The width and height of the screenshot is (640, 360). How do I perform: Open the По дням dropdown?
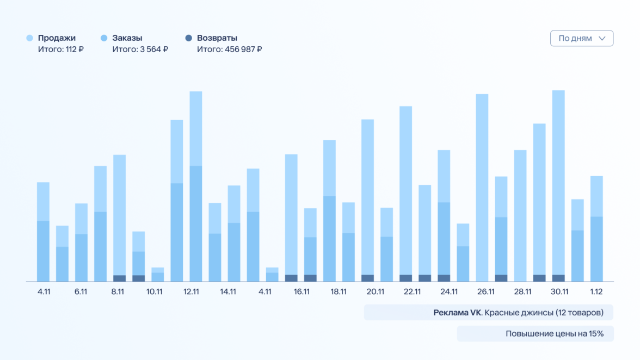[581, 39]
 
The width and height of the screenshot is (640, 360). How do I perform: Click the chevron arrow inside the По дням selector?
[602, 39]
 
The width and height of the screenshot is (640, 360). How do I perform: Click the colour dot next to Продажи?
[30, 38]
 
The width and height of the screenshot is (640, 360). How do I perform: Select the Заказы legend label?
[127, 38]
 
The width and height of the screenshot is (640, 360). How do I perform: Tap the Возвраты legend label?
[217, 38]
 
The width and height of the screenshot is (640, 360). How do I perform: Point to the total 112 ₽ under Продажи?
[61, 49]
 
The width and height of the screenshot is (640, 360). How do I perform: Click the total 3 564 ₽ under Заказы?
[140, 49]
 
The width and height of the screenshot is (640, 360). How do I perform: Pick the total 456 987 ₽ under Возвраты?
[230, 49]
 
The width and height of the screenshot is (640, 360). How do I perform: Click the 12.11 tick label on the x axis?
[192, 291]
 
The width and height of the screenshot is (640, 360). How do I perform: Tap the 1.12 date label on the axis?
[596, 291]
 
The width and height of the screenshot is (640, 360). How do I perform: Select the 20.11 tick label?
[376, 291]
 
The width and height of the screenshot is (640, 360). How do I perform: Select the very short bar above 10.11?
[158, 275]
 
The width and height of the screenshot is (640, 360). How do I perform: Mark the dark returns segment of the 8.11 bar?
[120, 278]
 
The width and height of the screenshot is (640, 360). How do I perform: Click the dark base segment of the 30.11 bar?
[558, 278]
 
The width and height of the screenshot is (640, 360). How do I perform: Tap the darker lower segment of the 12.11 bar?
[196, 224]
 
